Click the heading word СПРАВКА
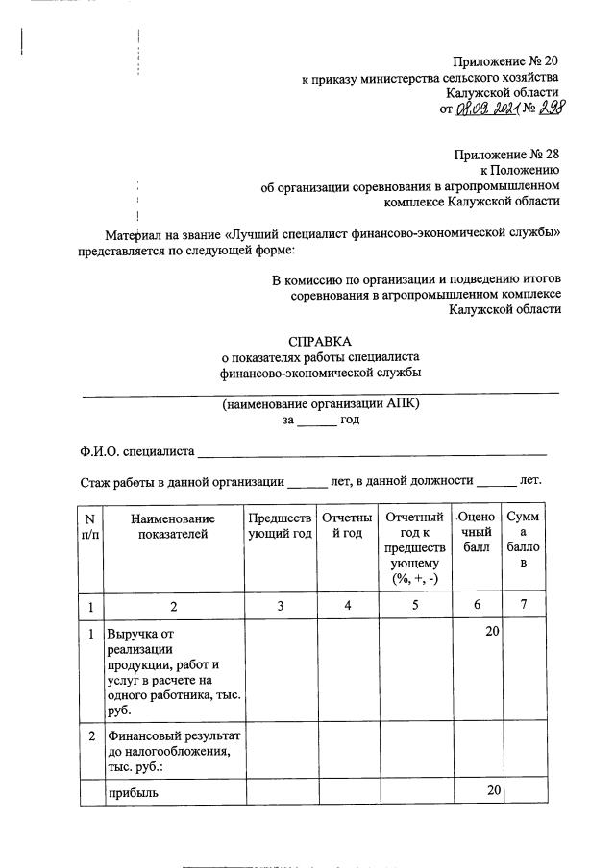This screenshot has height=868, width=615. click(x=321, y=341)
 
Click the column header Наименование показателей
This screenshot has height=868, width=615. click(x=173, y=526)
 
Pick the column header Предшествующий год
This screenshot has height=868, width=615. click(x=280, y=526)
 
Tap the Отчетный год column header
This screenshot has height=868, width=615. click(x=348, y=526)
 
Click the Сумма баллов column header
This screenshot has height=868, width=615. click(x=523, y=540)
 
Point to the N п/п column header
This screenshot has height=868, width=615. click(x=90, y=526)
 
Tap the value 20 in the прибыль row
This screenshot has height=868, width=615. click(x=491, y=792)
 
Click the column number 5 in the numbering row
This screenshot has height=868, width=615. click(x=415, y=606)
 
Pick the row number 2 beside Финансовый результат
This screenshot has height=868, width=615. click(x=90, y=735)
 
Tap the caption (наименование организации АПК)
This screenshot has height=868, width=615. click(x=321, y=404)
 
